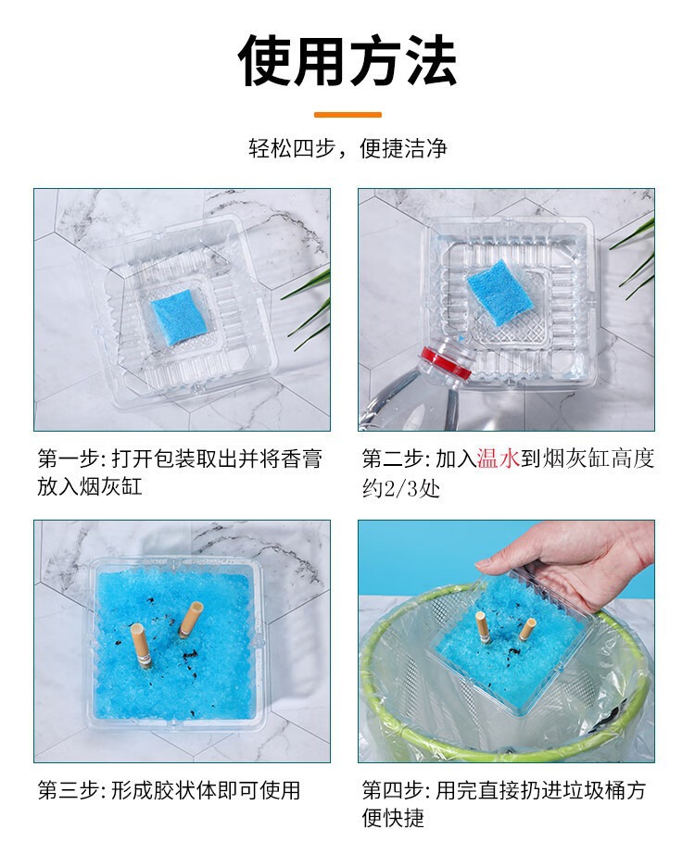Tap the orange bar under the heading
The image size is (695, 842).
pos(347,115)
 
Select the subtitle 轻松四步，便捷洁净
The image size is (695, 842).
pos(347,148)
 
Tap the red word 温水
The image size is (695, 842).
pos(499,459)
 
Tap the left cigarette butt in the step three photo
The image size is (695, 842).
pos(143,648)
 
